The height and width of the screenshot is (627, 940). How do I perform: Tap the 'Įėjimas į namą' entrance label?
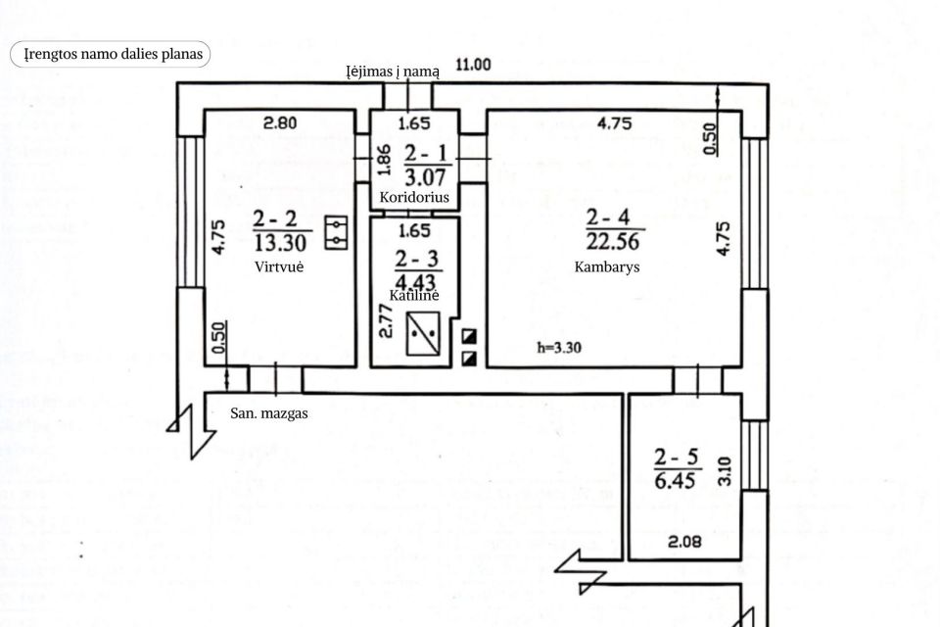click(393, 72)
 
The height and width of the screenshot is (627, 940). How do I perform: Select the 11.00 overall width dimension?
click(473, 65)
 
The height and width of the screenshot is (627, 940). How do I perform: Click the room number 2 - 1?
click(426, 153)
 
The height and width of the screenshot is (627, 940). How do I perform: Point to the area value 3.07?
click(425, 177)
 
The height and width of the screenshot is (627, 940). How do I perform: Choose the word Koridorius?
click(414, 197)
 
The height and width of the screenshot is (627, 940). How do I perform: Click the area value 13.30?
click(280, 242)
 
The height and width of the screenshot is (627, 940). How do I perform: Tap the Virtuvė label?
click(279, 266)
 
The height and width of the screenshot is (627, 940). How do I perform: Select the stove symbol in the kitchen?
click(336, 232)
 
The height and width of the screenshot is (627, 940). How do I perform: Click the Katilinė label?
click(414, 295)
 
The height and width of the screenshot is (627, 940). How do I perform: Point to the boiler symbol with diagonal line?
click(423, 334)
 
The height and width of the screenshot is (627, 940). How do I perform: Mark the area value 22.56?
click(613, 241)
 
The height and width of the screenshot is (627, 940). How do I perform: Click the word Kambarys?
click(607, 267)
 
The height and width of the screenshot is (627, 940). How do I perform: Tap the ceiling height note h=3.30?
click(559, 348)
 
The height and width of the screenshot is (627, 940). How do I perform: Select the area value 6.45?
click(675, 481)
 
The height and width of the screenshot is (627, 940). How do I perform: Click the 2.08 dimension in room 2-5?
click(684, 542)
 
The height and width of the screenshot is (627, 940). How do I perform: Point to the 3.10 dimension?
click(725, 471)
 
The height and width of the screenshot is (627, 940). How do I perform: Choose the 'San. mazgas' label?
click(269, 413)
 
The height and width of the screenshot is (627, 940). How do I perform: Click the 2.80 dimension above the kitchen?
click(280, 123)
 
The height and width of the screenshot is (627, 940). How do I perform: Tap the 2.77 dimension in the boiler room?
click(386, 321)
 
